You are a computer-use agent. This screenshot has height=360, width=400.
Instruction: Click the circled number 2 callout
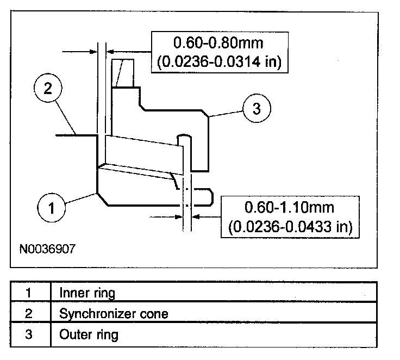(48, 89)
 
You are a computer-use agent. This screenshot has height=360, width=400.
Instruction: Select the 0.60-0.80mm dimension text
(218, 42)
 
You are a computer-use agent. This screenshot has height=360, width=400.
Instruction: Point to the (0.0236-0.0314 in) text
(218, 61)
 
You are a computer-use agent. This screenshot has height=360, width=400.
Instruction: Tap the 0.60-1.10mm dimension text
(290, 207)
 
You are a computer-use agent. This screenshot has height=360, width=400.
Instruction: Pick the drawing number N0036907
(47, 250)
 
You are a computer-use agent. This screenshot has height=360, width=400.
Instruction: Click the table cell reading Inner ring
(87, 293)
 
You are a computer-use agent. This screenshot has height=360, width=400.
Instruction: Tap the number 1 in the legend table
(29, 293)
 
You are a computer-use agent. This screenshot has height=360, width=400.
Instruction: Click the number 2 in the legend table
(29, 313)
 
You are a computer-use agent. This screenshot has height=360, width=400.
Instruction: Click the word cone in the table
(155, 313)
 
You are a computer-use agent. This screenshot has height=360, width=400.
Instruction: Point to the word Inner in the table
(71, 293)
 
